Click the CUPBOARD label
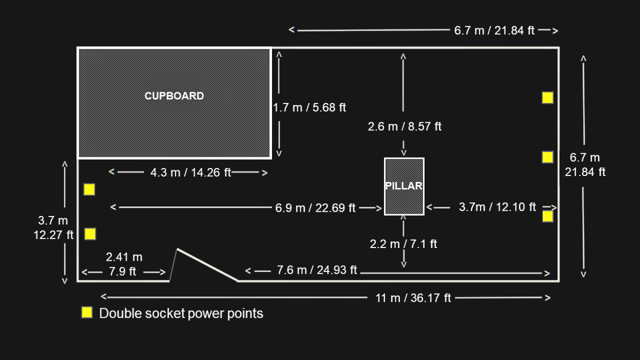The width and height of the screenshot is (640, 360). pyautogui.click(x=174, y=96)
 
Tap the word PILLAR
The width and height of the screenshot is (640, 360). pyautogui.click(x=404, y=186)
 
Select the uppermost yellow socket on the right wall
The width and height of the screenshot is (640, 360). pyautogui.click(x=548, y=98)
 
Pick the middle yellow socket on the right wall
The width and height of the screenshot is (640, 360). pyautogui.click(x=548, y=157)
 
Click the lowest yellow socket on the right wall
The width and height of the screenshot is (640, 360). pyautogui.click(x=548, y=216)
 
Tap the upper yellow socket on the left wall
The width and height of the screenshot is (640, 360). pyautogui.click(x=89, y=189)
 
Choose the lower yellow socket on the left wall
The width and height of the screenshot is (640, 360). pyautogui.click(x=90, y=234)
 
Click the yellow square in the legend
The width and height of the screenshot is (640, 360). pyautogui.click(x=87, y=313)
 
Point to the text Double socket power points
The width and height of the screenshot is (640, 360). pyautogui.click(x=181, y=313)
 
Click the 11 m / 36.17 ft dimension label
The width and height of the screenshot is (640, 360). pyautogui.click(x=413, y=298)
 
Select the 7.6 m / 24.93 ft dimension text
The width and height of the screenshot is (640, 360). pyautogui.click(x=317, y=270)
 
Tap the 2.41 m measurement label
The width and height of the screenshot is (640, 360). pyautogui.click(x=124, y=258)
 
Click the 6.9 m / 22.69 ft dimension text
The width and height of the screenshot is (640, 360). pyautogui.click(x=315, y=207)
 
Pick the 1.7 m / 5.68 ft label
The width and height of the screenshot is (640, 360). pyautogui.click(x=309, y=108)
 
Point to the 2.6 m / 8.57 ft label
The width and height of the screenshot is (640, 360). pyautogui.click(x=405, y=126)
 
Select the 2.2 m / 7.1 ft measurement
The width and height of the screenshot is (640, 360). pyautogui.click(x=404, y=244)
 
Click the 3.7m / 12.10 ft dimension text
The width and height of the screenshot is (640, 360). pyautogui.click(x=497, y=207)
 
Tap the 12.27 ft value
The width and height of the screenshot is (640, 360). pyautogui.click(x=53, y=234)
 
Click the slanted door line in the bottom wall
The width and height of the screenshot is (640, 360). pyautogui.click(x=207, y=265)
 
